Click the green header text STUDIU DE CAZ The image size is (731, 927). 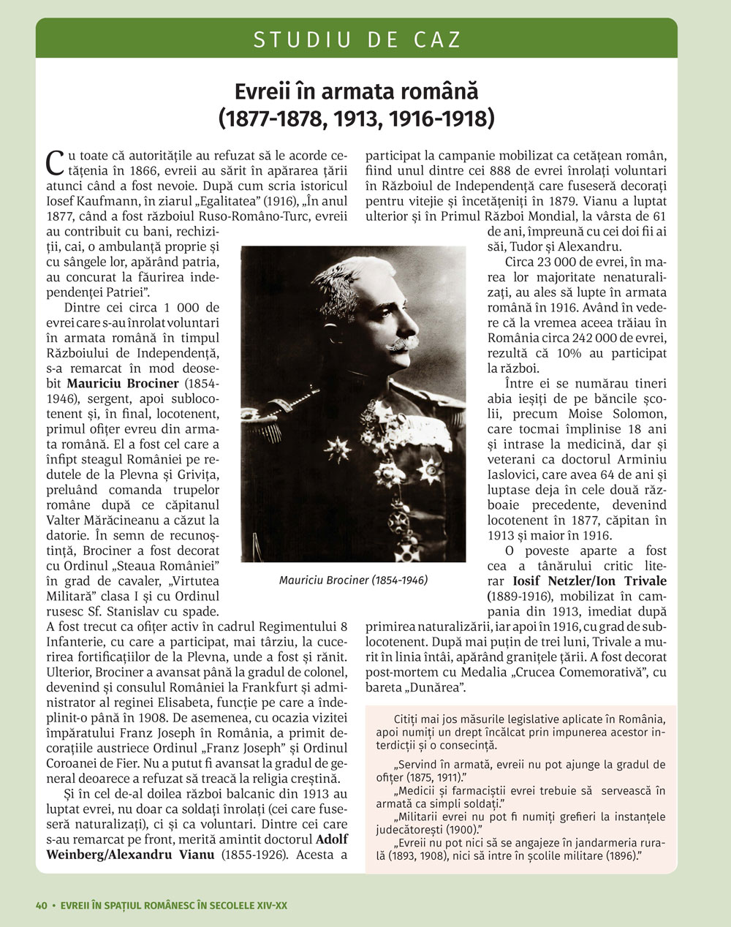coord(357,39)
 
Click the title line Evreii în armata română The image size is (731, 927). coord(356,92)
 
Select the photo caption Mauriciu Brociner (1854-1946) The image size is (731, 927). coord(353,580)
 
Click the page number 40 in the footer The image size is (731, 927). coord(41,905)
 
